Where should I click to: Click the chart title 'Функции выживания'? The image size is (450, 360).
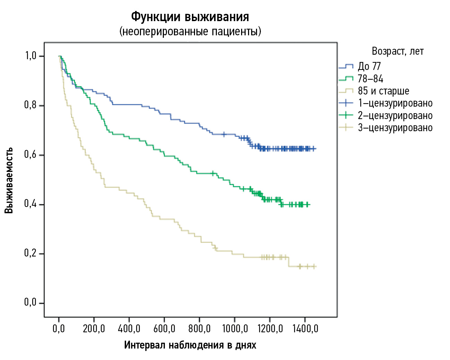[x=190, y=17]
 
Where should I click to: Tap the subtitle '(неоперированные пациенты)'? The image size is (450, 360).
[x=190, y=31]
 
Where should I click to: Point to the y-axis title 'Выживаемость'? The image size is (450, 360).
[x=9, y=180]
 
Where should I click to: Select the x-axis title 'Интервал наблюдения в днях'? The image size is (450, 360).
[x=190, y=345]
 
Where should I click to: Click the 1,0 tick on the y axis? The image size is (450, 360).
[x=31, y=56]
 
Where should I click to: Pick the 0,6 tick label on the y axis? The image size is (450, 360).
[x=30, y=154]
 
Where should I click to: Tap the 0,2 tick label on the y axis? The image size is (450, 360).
[x=30, y=253]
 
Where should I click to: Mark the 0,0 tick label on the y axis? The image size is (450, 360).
[x=30, y=303]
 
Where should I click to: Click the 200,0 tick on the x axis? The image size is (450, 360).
[x=94, y=328]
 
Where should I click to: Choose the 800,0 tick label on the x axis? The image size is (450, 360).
[x=200, y=328]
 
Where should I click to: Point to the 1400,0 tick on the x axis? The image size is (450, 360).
[x=305, y=328]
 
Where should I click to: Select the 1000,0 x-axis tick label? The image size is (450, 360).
[x=235, y=328]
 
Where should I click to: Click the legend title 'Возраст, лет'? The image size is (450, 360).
[x=397, y=51]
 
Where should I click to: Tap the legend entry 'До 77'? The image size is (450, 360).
[x=369, y=66]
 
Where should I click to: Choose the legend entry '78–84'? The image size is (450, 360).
[x=370, y=79]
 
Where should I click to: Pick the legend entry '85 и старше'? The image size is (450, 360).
[x=383, y=91]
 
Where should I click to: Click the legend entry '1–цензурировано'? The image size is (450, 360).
[x=395, y=103]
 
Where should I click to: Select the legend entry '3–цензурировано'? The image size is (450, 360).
[x=395, y=128]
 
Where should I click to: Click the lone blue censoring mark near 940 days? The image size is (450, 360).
[x=224, y=134]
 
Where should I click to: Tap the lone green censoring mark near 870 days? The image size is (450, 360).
[x=213, y=173]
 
